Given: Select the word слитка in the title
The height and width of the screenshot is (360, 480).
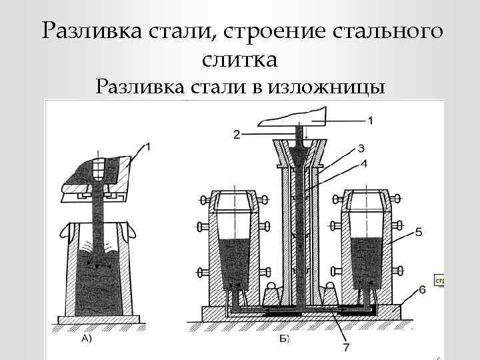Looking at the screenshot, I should click(239, 59).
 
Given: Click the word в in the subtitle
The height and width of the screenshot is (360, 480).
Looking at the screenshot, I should click(257, 87).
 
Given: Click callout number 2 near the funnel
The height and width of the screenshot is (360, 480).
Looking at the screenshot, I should click(237, 135).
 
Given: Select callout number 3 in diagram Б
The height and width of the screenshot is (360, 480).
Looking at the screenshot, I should click(361, 148).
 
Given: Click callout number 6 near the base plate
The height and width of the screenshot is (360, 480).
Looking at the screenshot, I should click(423, 289).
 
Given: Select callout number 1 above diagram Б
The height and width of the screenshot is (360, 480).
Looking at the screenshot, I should click(370, 120).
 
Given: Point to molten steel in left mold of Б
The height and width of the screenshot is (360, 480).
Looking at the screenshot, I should click(233, 263).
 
